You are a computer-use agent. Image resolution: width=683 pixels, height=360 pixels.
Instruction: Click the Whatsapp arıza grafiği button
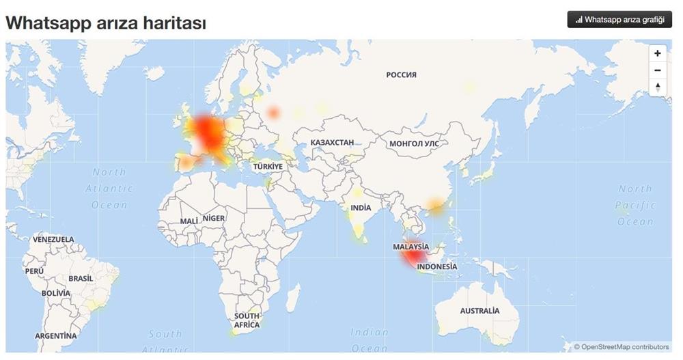[x=619, y=19]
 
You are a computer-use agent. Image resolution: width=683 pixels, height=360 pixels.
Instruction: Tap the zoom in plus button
[x=657, y=53]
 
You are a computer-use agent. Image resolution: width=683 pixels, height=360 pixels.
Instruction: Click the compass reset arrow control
[x=657, y=87]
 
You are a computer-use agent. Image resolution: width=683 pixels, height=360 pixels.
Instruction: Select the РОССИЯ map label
[x=401, y=75]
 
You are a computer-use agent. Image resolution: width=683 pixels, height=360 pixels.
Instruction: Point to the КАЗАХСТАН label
[x=332, y=143]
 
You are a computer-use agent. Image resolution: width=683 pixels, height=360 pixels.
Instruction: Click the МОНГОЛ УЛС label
[x=414, y=144]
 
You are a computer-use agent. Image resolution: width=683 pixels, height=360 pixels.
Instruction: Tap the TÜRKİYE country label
[x=268, y=167]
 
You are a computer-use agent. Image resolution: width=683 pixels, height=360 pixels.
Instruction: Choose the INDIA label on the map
[x=361, y=208]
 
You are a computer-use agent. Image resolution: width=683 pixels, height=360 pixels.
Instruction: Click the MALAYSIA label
[x=411, y=247]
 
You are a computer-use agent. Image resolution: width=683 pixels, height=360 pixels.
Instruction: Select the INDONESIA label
[x=437, y=266]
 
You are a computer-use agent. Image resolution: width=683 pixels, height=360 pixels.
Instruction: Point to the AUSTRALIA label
[x=479, y=311]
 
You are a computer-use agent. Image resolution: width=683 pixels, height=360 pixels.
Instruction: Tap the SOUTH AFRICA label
[x=247, y=320]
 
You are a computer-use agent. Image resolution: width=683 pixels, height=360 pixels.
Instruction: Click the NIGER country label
[x=214, y=219]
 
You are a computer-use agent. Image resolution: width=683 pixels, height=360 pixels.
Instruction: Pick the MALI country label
[x=189, y=221]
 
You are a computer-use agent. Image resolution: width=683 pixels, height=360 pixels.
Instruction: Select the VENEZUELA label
[x=53, y=240]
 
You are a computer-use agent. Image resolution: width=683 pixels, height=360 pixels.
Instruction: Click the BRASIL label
[x=81, y=279]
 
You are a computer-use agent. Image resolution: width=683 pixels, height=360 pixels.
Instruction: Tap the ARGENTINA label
[x=56, y=336]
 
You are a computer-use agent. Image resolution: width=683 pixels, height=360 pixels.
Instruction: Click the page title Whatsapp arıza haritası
[x=106, y=23]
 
